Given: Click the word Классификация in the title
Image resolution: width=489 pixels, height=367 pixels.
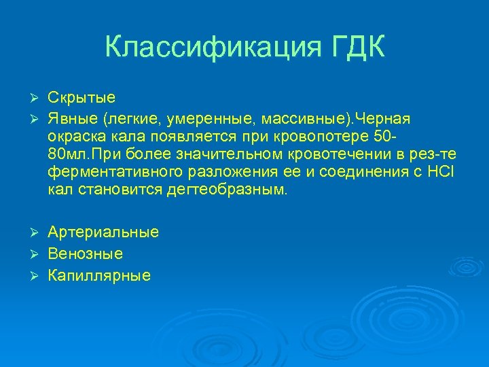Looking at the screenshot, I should (209, 48).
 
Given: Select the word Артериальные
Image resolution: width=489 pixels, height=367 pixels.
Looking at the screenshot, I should (103, 232).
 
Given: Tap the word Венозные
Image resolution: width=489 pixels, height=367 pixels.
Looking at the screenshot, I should (85, 254).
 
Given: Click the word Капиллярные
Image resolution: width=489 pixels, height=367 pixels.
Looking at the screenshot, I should (99, 276).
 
